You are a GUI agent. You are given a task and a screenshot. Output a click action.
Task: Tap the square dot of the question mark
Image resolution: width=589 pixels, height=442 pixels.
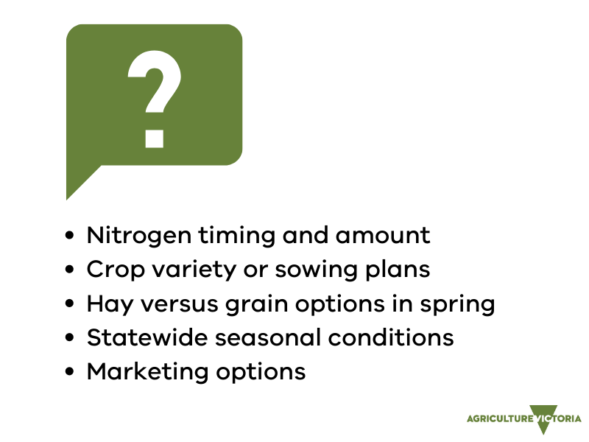coord(155,138)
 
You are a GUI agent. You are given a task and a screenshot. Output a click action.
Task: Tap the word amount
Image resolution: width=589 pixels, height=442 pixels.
coord(383,236)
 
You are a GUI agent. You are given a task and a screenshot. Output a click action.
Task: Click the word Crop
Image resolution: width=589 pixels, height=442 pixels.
coord(116,270)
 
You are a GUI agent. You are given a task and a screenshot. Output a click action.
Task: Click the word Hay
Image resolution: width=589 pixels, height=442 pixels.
coord(110,304)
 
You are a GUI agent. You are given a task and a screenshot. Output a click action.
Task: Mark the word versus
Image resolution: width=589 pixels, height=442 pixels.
coord(179,304)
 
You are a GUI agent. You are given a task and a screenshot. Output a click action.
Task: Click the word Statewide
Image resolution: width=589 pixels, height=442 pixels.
coord(147,337)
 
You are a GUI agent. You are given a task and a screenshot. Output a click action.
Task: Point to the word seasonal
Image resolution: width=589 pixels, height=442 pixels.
coord(268,337)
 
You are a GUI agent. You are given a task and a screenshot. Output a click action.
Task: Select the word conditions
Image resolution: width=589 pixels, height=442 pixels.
coord(391,337)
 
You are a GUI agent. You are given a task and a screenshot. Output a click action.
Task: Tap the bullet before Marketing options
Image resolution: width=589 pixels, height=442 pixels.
coord(69,371)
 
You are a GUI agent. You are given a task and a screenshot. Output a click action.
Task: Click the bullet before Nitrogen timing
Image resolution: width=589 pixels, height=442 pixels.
coord(69,235)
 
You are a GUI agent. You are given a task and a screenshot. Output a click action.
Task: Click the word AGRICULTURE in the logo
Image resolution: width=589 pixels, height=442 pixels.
coord(500,418)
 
